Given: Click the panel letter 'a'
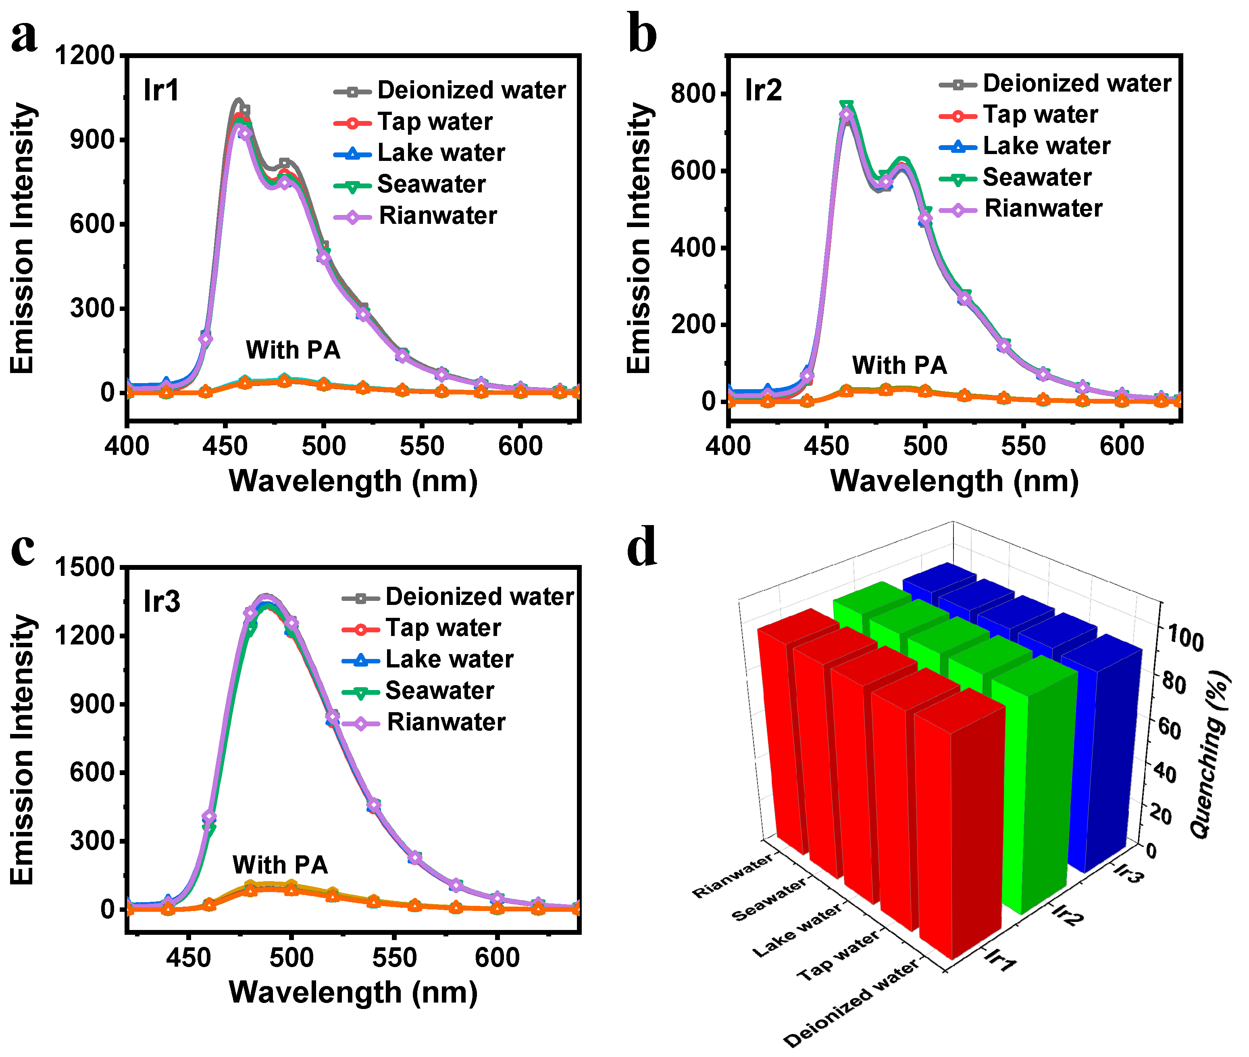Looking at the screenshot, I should point(24,36).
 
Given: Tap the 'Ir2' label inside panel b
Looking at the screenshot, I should point(763,90).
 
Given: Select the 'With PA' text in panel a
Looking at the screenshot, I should point(293,350).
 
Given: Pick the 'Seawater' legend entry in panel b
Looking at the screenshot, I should point(1037,177).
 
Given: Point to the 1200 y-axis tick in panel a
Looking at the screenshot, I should point(85,56).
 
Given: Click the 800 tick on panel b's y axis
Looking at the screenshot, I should point(693,94).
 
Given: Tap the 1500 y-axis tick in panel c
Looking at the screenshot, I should point(85,567).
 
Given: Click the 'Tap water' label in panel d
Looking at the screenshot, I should point(837,955).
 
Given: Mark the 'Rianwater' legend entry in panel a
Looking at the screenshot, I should point(438,216).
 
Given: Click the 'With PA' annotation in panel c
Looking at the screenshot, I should point(280,865).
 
